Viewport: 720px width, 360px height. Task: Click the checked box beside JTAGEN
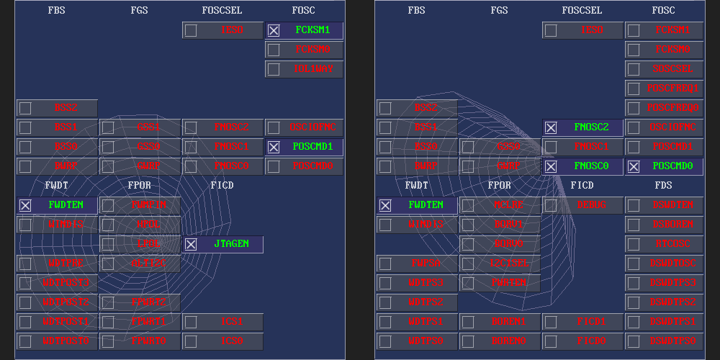coord(191,244)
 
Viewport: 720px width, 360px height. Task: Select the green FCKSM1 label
coord(312,30)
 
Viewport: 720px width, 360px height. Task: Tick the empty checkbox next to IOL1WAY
coord(274,69)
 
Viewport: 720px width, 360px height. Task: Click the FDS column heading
coord(663,185)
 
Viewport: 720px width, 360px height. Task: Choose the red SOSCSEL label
coord(672,69)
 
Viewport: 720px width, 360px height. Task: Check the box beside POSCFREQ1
coord(634,89)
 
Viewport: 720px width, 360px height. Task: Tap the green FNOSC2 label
coord(592,127)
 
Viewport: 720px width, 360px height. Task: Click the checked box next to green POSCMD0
coord(634,166)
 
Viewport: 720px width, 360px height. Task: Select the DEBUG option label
coord(592,205)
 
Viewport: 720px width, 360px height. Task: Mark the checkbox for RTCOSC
coord(634,244)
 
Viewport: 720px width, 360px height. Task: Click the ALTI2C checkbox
coord(108,264)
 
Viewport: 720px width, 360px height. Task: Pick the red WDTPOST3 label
coord(66,283)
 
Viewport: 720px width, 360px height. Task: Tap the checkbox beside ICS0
coord(191,341)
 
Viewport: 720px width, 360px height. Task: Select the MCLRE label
coord(508,205)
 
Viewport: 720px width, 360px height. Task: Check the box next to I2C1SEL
coord(468,264)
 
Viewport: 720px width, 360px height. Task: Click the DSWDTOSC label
coord(672,264)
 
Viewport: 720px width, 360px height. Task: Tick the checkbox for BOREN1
coord(468,322)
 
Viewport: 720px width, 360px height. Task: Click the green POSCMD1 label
coord(312,147)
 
